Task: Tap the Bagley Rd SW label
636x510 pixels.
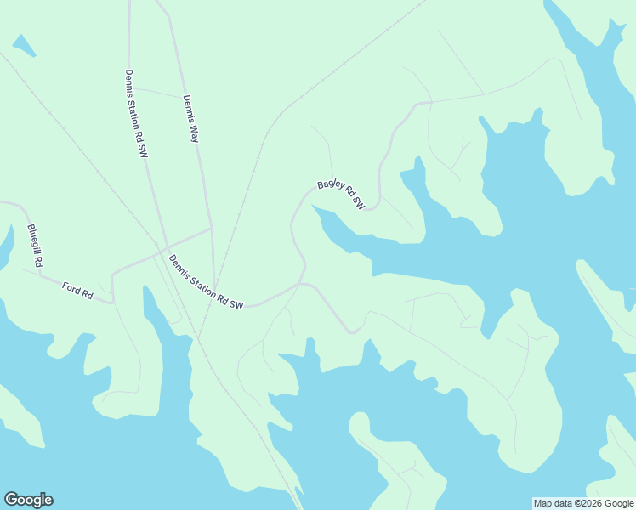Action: click(x=341, y=195)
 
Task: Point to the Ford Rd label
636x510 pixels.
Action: click(x=77, y=290)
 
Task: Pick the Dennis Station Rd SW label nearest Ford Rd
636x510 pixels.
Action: click(x=207, y=282)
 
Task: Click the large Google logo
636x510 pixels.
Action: click(x=28, y=500)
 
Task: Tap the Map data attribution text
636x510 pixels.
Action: click(x=583, y=503)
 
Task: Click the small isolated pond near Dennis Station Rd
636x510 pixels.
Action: click(x=24, y=46)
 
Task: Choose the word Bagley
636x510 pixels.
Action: click(x=329, y=188)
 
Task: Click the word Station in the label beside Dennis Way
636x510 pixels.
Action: click(x=135, y=112)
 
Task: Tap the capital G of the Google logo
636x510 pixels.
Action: click(x=11, y=500)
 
